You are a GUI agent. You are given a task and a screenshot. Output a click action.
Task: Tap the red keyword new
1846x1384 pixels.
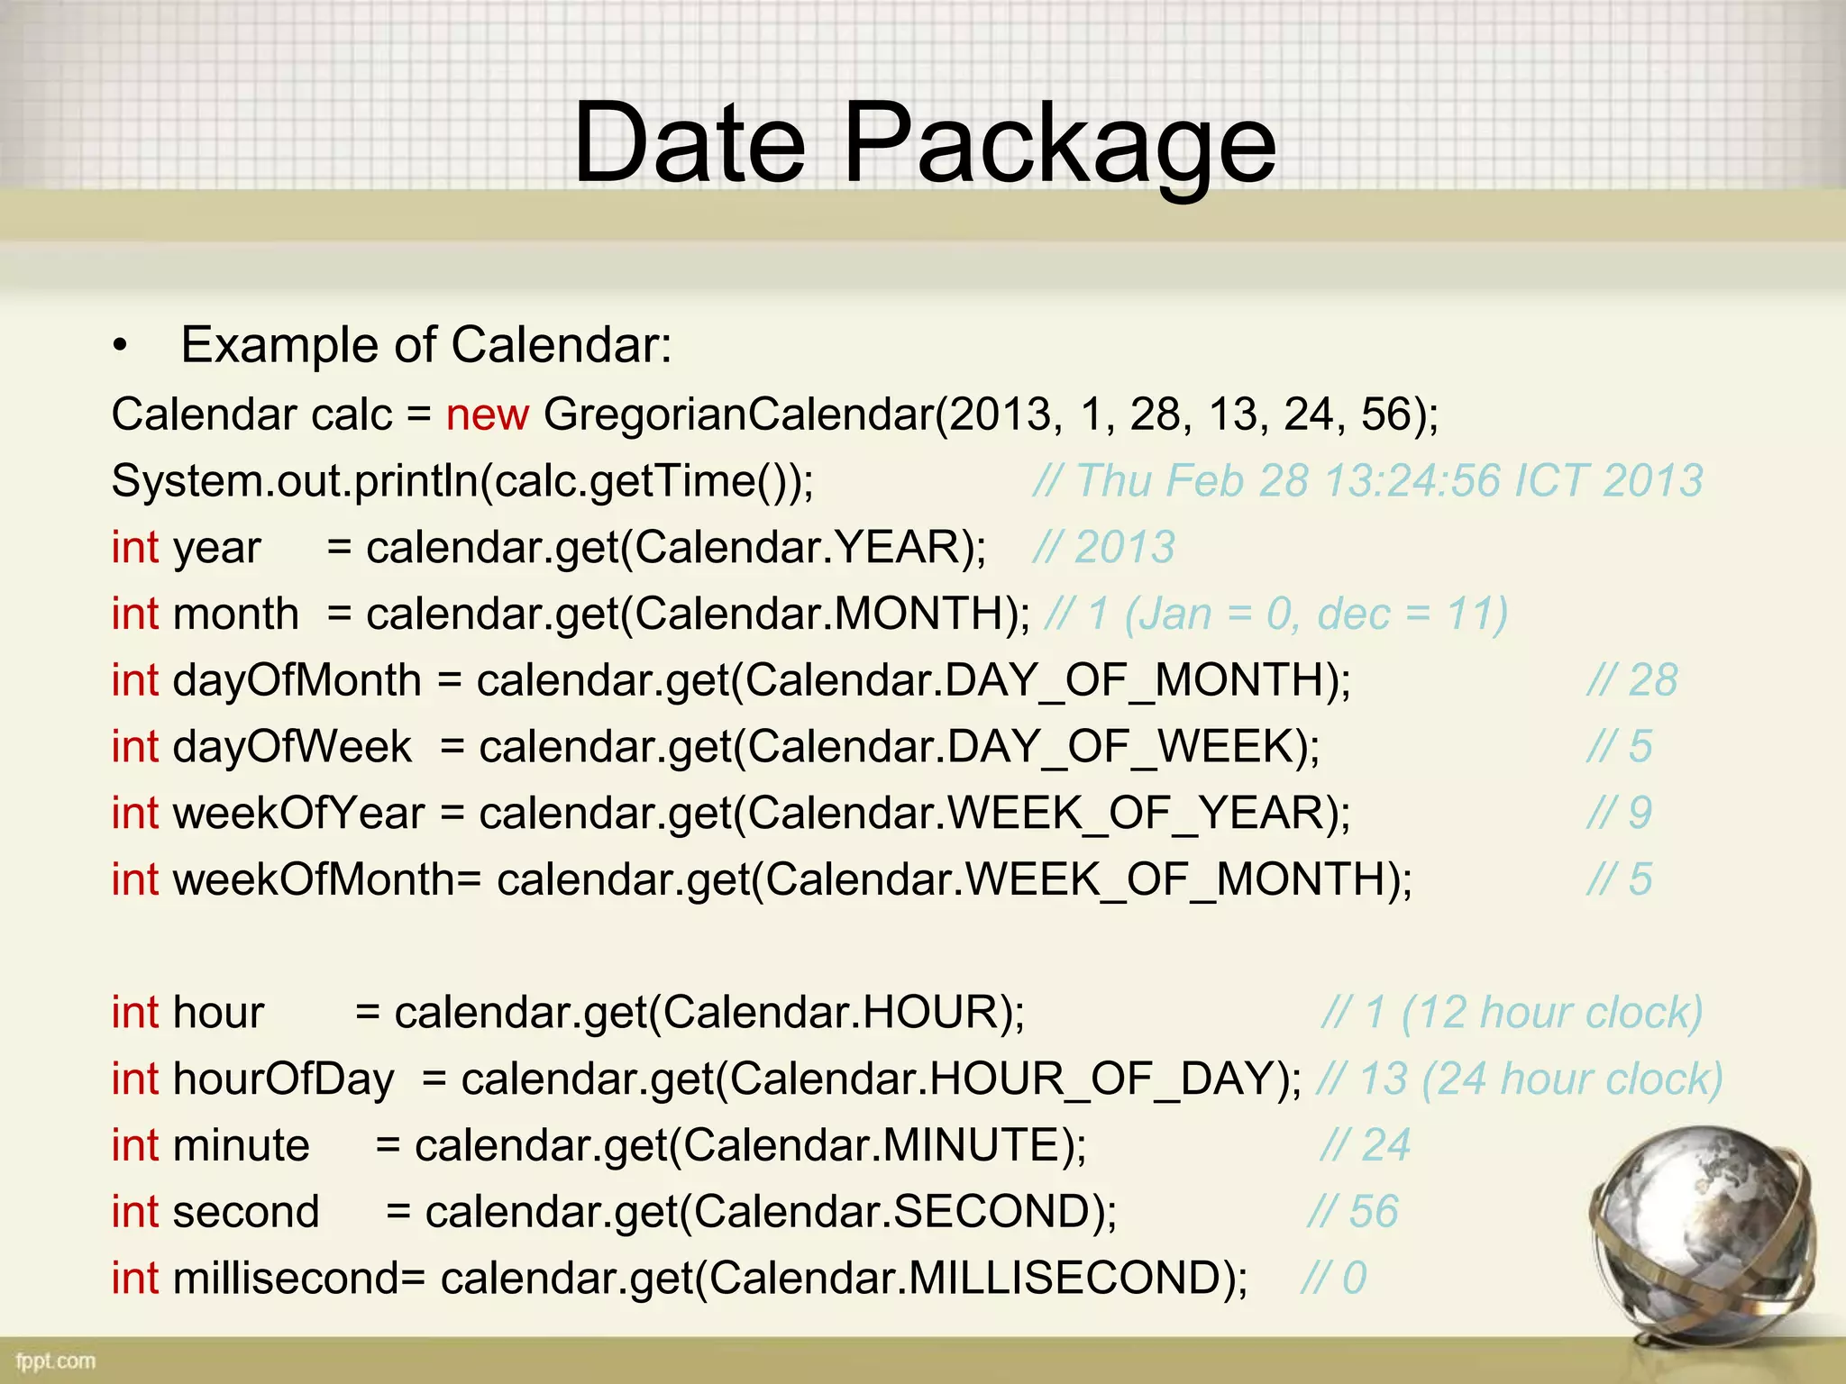point(487,415)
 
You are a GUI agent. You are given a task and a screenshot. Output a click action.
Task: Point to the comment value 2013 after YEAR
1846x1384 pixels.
point(1124,548)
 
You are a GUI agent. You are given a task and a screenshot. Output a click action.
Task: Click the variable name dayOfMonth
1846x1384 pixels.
point(297,680)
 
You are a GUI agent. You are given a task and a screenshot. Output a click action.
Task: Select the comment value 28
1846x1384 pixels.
point(1652,680)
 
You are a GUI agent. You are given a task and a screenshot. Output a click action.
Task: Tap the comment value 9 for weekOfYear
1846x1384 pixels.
point(1640,814)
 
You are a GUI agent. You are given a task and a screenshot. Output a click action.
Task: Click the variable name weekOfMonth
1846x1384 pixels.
point(314,879)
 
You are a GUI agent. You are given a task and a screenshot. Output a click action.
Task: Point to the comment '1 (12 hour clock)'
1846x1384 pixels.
point(1532,1013)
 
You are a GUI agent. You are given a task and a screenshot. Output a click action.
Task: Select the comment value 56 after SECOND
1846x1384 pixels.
point(1373,1212)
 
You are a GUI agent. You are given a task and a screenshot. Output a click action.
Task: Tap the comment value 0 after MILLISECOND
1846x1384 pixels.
point(1354,1279)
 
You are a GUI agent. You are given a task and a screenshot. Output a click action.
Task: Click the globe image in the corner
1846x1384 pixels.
point(1704,1243)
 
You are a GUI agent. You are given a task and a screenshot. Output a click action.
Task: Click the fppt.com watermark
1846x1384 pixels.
point(55,1361)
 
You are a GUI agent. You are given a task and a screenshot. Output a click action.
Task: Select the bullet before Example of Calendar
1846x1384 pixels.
point(121,347)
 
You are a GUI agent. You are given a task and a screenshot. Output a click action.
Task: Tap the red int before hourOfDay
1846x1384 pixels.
point(134,1079)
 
